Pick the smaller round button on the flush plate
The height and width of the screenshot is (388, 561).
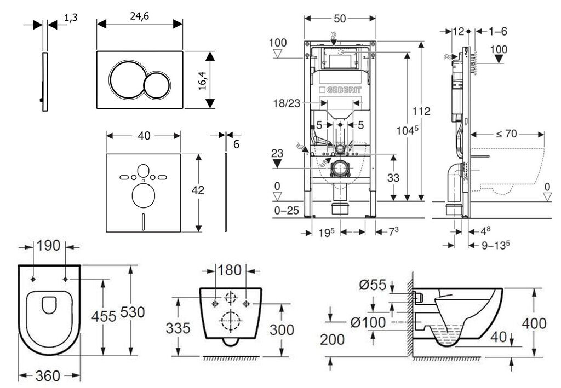(158, 85)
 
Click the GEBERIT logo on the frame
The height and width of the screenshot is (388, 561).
(339, 90)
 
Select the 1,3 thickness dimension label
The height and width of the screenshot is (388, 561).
(71, 18)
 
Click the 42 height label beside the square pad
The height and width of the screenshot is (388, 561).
(198, 190)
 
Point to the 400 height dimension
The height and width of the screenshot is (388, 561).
(534, 323)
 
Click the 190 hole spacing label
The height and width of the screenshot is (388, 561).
(49, 246)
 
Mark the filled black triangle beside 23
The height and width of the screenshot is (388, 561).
(277, 163)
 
